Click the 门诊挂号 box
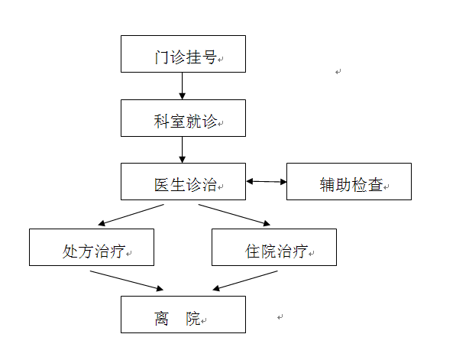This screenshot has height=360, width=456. [183, 54]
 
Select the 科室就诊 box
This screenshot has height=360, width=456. [183, 118]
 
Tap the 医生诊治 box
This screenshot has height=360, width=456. [183, 182]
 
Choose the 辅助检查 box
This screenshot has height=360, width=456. [349, 182]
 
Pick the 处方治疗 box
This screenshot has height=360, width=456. [92, 248]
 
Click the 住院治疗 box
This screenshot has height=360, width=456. [274, 248]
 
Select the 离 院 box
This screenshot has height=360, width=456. [183, 315]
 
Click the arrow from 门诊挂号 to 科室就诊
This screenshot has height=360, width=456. [183, 86]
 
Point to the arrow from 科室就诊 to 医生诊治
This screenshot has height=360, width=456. [183, 150]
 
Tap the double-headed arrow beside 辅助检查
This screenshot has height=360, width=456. [267, 182]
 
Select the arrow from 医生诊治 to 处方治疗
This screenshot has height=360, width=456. [131, 215]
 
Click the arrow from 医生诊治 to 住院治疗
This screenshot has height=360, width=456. [234, 215]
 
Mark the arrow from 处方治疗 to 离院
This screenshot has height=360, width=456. [127, 281]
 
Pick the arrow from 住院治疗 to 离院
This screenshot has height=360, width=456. [245, 281]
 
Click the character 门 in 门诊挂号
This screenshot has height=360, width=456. [162, 57]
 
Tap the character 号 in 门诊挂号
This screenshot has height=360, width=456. [209, 57]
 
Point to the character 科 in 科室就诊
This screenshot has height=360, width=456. [161, 122]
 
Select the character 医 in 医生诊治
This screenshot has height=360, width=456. [162, 185]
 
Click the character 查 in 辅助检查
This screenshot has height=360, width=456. [375, 185]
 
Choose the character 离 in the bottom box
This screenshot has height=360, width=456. [162, 319]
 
